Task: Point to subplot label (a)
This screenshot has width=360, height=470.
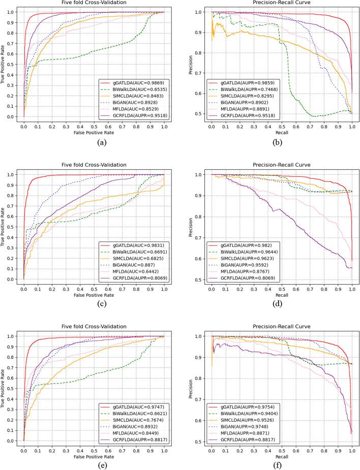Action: pos(94,143)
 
